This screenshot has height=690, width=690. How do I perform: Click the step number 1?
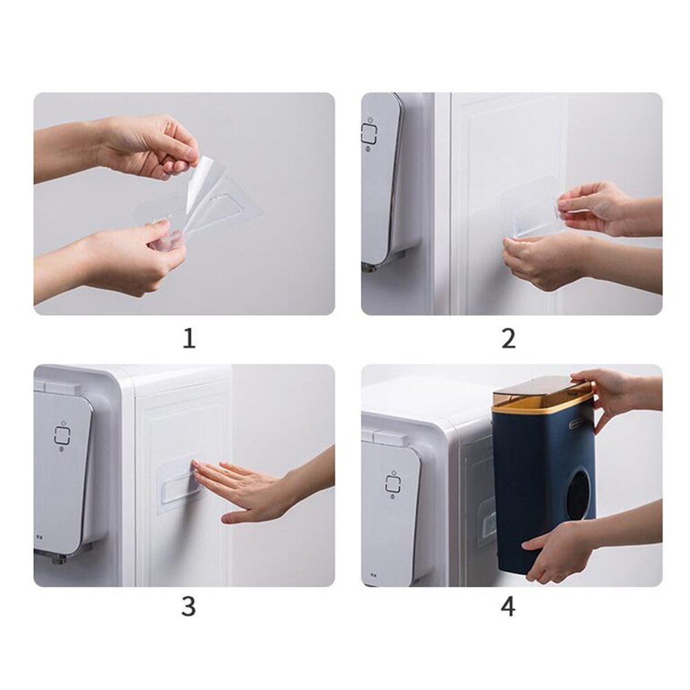pos(188,339)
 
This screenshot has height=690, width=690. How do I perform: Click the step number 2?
pos(508,339)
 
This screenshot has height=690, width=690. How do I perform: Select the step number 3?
pos(188,607)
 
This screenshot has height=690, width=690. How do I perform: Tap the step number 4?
pos(508,607)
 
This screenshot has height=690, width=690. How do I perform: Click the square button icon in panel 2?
pos(369,133)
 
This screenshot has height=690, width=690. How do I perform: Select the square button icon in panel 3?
pos(62,435)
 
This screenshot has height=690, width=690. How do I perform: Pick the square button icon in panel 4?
pos(394,483)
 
